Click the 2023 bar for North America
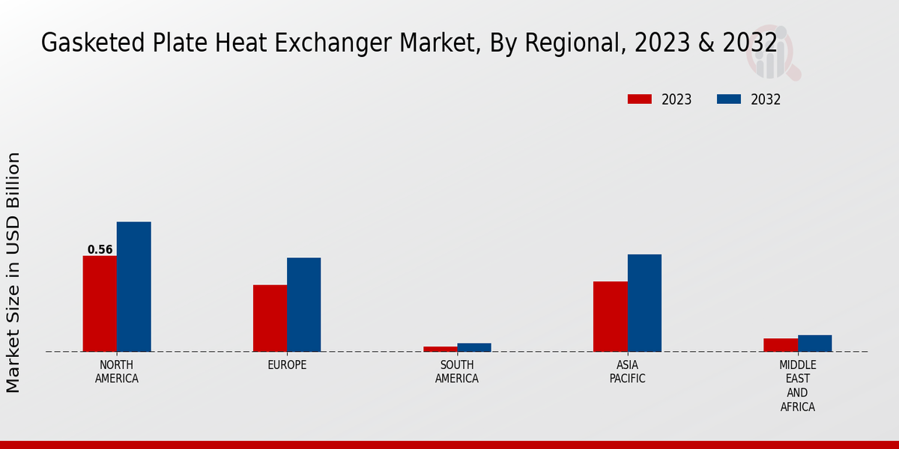point(100,304)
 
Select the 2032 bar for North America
point(134,287)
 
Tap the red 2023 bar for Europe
point(270,318)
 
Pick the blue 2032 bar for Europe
point(304,305)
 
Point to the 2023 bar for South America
point(440,349)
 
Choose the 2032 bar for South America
point(474,347)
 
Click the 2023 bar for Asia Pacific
point(611,317)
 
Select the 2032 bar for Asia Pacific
point(644,303)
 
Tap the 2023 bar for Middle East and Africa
point(781,345)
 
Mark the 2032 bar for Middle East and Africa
point(815,343)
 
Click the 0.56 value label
point(100,250)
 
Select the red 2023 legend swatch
point(640,100)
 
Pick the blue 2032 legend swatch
point(729,100)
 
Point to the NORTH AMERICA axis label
point(117,372)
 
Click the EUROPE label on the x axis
point(287,365)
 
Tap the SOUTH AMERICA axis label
point(457,372)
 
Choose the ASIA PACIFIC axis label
point(628,372)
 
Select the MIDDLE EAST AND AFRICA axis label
point(798,386)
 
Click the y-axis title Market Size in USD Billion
point(13,272)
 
